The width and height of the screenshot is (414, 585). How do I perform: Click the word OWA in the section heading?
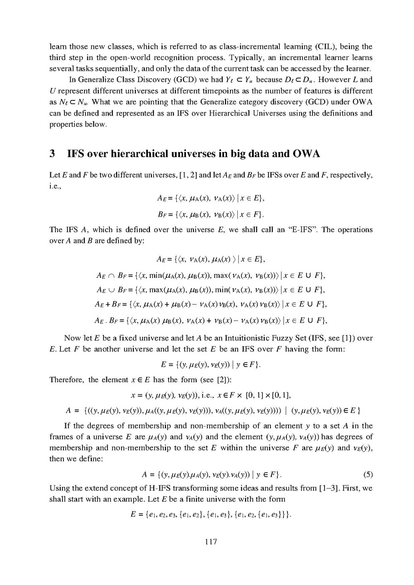(306, 156)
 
